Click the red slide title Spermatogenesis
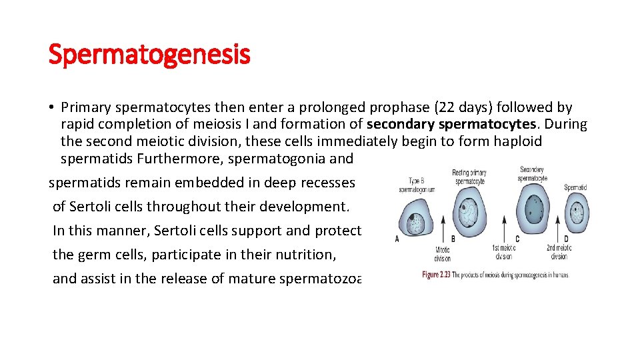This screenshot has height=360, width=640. (149, 54)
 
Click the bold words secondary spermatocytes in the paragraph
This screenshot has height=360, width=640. (451, 124)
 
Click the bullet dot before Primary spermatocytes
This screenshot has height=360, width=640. (51, 107)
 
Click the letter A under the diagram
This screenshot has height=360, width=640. (398, 239)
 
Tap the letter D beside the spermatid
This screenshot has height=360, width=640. (566, 239)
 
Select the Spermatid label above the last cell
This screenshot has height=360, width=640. (575, 187)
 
